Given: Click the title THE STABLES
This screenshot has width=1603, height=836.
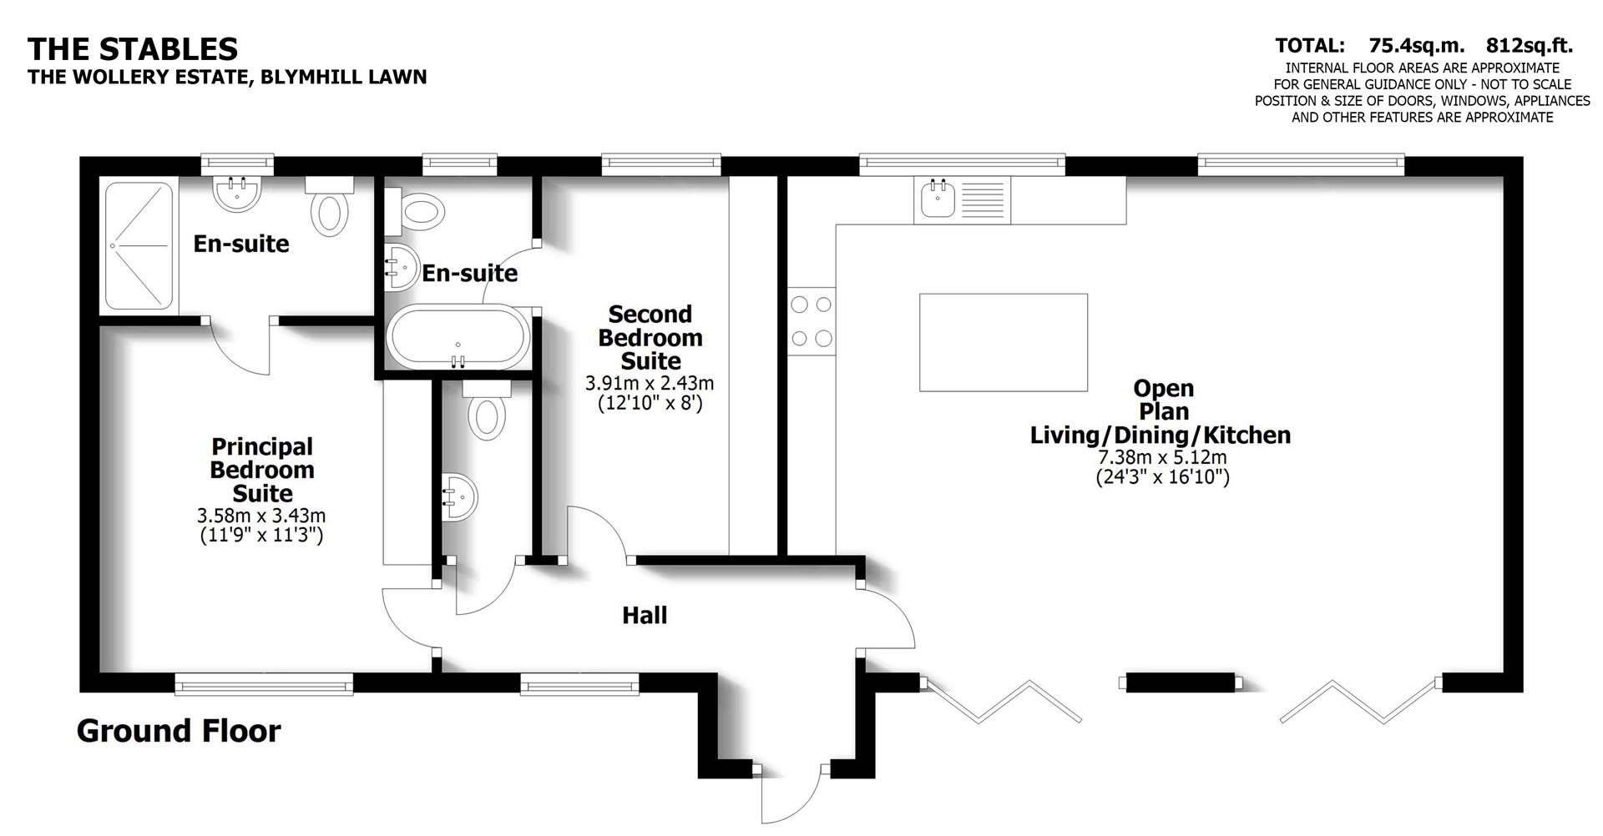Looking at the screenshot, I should pyautogui.click(x=133, y=49).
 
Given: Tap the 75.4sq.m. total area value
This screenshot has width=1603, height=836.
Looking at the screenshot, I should pyautogui.click(x=1416, y=46).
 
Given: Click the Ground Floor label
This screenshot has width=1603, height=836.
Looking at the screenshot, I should pyautogui.click(x=179, y=731).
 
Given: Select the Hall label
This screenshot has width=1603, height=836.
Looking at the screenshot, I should pyautogui.click(x=645, y=616).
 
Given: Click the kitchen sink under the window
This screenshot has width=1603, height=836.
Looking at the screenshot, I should pyautogui.click(x=938, y=199).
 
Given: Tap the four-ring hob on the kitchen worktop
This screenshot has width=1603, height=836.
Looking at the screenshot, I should pyautogui.click(x=812, y=321).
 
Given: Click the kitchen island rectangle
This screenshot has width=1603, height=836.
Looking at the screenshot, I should pyautogui.click(x=1003, y=342).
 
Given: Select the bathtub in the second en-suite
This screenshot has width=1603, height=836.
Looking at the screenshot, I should pyautogui.click(x=457, y=338).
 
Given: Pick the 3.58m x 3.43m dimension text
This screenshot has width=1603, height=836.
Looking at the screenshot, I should pyautogui.click(x=261, y=516).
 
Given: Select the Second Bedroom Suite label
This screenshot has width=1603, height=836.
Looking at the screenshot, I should pyautogui.click(x=650, y=338).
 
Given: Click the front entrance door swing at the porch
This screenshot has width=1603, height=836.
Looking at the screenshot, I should pyautogui.click(x=791, y=797).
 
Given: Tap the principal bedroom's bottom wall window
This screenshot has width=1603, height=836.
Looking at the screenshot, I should pyautogui.click(x=264, y=686).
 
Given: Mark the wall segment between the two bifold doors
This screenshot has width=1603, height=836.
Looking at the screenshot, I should pyautogui.click(x=1181, y=682).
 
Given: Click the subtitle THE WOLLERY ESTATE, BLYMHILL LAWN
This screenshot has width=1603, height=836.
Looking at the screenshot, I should pyautogui.click(x=227, y=77).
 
